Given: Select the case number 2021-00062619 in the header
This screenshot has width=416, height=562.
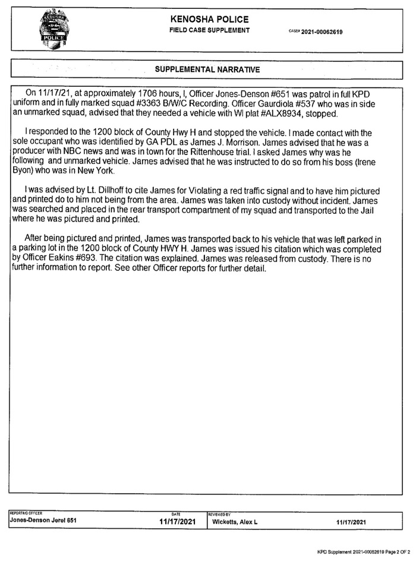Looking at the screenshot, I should coord(322,31).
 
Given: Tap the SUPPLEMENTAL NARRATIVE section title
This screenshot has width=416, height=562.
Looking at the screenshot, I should coord(207,70).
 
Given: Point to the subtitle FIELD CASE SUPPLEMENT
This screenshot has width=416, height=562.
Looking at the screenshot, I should coord(209,30).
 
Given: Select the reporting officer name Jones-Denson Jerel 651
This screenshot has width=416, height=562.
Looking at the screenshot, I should coord(44,522).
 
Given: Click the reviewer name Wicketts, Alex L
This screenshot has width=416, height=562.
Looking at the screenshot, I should coord(235,522).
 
